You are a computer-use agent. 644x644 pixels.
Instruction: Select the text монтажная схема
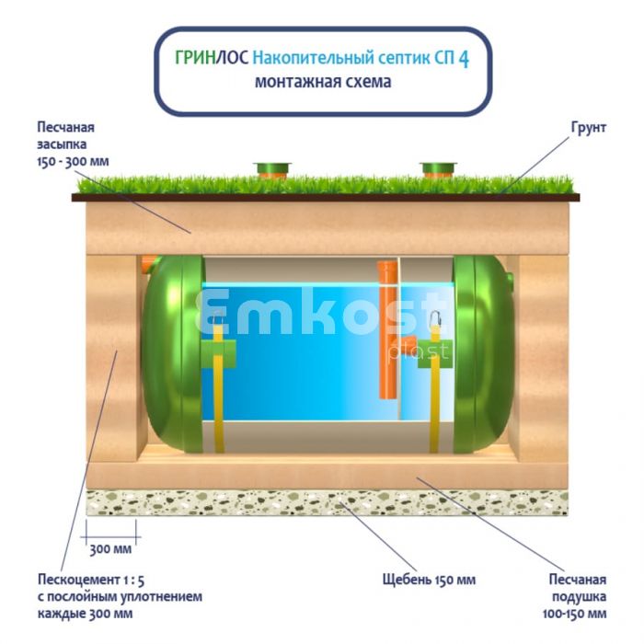click(322, 82)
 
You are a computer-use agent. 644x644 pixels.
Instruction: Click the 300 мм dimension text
click(109, 550)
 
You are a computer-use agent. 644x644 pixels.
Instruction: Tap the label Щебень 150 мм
click(429, 580)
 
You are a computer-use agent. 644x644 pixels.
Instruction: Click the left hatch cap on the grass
click(272, 169)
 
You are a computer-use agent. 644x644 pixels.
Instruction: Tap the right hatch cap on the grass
click(437, 169)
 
